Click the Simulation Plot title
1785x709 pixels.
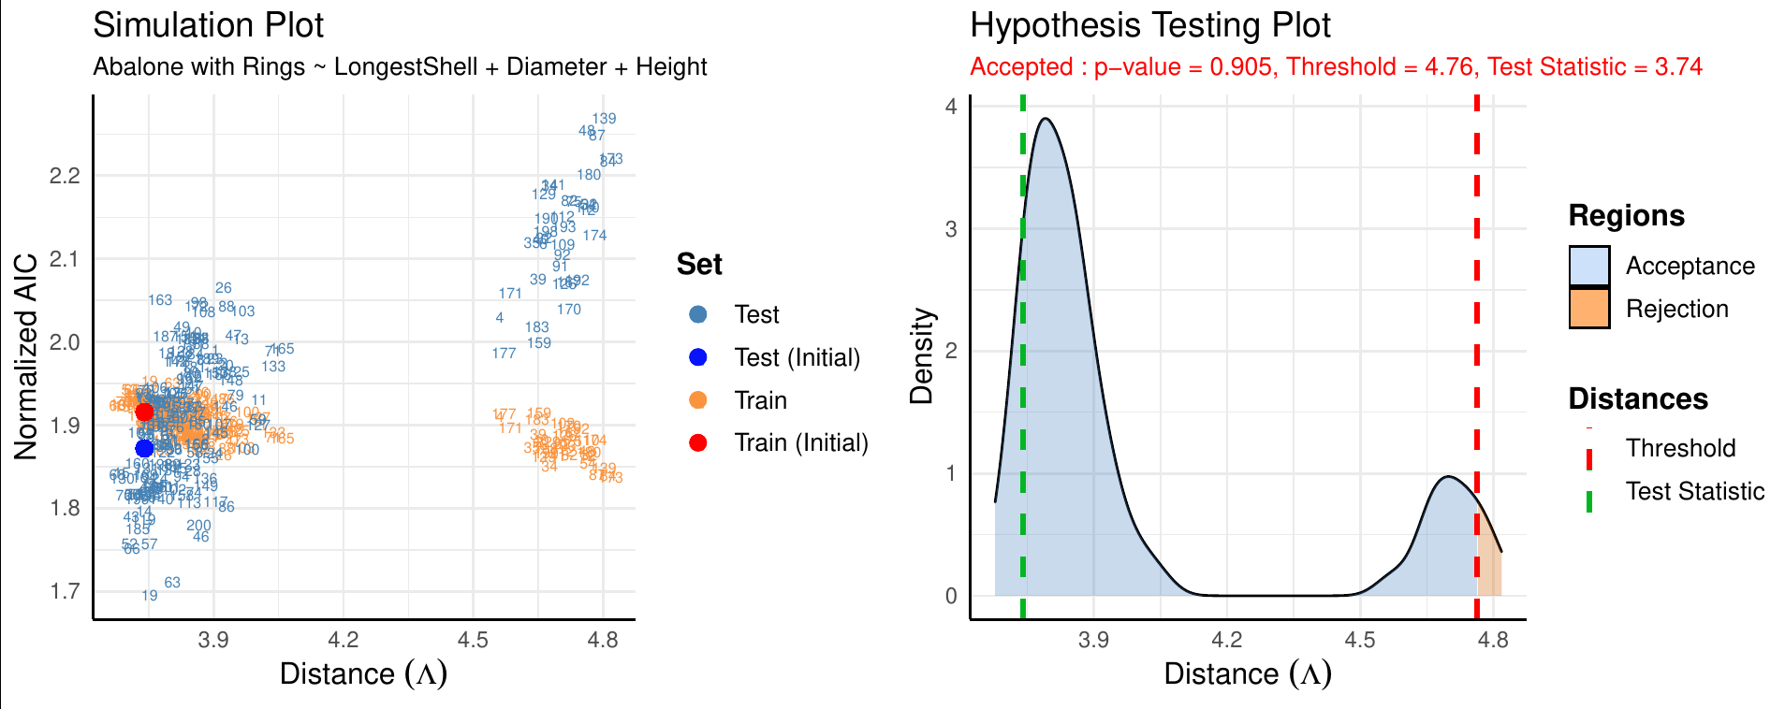208,25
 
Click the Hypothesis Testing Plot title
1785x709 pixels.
1149,25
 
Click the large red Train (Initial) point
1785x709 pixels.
144,412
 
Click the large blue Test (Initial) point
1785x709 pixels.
144,448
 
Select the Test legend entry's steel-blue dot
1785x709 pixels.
697,314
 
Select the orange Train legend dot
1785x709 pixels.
697,400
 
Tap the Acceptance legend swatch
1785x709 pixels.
1589,266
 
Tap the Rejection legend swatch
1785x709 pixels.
1589,309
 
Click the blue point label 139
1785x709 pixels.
604,119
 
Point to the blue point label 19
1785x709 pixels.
150,596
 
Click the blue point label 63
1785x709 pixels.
172,583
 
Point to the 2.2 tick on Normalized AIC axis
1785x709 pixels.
65,176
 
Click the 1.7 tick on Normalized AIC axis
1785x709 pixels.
65,591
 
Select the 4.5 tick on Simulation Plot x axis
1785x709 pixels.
473,640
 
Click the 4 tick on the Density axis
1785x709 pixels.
951,107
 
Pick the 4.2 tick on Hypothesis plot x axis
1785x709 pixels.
1226,640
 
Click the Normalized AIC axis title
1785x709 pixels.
25,356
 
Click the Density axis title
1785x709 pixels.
922,356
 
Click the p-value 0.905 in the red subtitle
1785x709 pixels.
1246,67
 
